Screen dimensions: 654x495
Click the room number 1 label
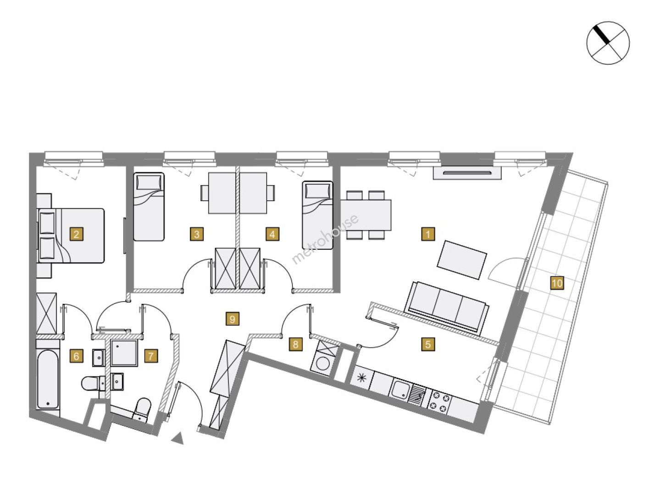point(428,234)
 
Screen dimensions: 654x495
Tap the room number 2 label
point(76,234)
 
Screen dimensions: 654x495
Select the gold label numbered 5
point(428,344)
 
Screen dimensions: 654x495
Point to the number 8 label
point(295,344)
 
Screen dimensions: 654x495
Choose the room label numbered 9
point(233,319)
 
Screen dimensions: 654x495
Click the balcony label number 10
point(557,283)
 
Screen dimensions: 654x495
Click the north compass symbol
point(608,43)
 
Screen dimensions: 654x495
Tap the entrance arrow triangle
point(178,439)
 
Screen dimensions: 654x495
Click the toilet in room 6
point(93,383)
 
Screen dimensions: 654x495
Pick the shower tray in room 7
point(124,353)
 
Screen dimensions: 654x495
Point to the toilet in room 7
point(142,410)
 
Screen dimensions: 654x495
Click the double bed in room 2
point(72,236)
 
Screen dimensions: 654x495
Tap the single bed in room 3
point(149,207)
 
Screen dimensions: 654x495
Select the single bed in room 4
point(317,215)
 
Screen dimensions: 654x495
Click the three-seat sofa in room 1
point(446,307)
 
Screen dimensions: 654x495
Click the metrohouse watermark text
point(325,239)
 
